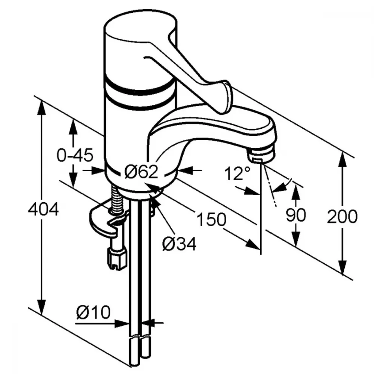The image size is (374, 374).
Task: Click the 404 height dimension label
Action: point(43,209)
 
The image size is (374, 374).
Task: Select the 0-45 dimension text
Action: point(75,155)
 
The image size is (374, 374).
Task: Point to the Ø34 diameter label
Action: point(180,243)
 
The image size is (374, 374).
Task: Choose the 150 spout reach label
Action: point(211,219)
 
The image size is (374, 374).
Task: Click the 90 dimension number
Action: point(296,215)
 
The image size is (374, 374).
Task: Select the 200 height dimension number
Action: point(342,216)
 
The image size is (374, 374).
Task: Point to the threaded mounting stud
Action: point(116,200)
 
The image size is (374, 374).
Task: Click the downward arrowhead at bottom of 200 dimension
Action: point(343,267)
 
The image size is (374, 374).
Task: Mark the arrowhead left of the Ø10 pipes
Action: point(122,324)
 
